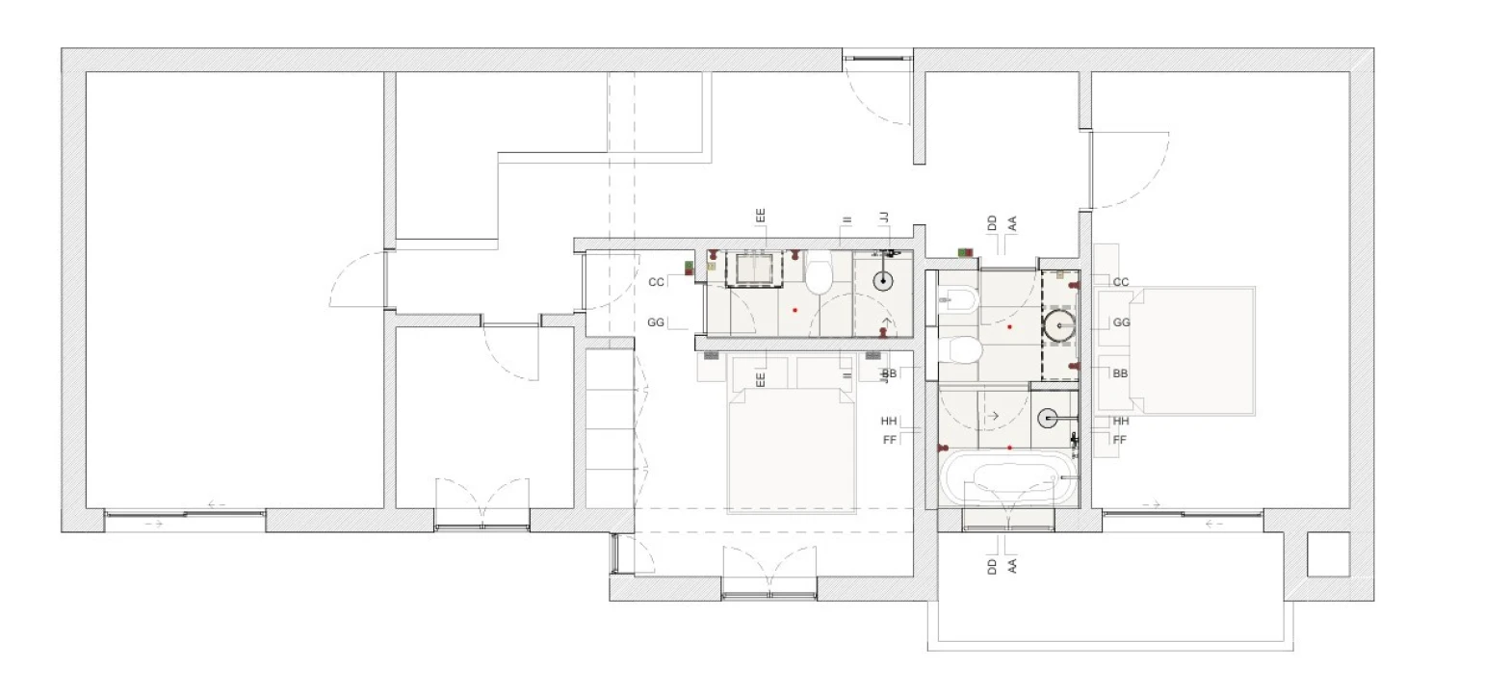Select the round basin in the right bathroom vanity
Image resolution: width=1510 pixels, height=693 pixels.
point(1059,326)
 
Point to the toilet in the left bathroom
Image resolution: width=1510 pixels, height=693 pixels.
point(819,272)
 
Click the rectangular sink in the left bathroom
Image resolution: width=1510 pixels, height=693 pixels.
point(754,269)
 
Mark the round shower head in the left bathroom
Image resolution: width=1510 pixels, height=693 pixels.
point(883,281)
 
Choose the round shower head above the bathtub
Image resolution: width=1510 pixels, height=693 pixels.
point(1047,419)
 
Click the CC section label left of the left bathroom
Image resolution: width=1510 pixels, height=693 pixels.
point(656,282)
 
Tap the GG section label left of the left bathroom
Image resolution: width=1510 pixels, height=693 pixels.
point(656,322)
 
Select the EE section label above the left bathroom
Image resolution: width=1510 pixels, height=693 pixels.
point(761,217)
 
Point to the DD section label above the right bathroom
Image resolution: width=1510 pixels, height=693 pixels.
point(992,223)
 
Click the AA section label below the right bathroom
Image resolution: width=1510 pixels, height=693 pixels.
point(1012,566)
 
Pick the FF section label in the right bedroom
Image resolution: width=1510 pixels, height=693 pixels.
point(1120,440)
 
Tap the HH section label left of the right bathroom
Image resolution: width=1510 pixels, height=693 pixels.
point(889,421)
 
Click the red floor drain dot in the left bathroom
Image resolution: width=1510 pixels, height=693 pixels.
point(795,310)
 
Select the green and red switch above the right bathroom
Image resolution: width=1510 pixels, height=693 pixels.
point(965,252)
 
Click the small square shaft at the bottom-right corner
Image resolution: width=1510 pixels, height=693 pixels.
point(1329,554)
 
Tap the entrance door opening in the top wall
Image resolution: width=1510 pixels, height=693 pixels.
point(877,60)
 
